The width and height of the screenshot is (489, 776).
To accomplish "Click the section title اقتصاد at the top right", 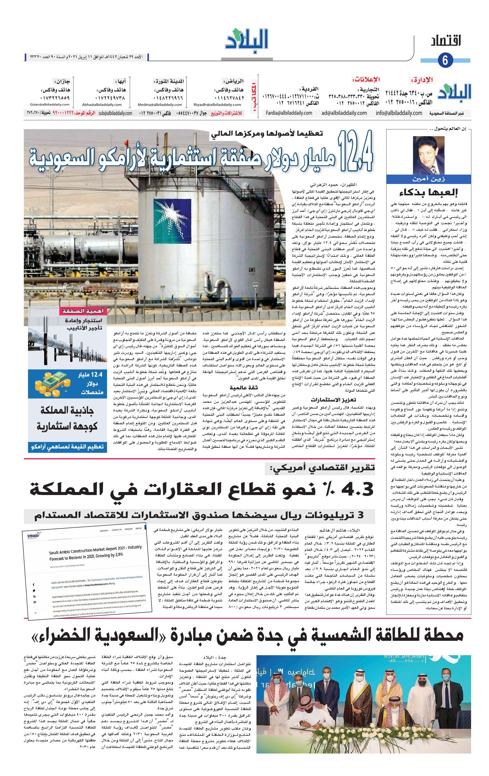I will [446, 41].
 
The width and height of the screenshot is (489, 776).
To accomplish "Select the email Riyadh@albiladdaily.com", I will [217, 104].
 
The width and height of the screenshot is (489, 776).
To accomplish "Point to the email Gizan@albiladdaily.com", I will [49, 104].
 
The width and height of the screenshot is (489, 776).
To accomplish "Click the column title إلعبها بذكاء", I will [428, 193].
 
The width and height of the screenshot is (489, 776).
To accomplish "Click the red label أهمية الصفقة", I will [82, 311].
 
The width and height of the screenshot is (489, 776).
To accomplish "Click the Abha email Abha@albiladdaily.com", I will [102, 104].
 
